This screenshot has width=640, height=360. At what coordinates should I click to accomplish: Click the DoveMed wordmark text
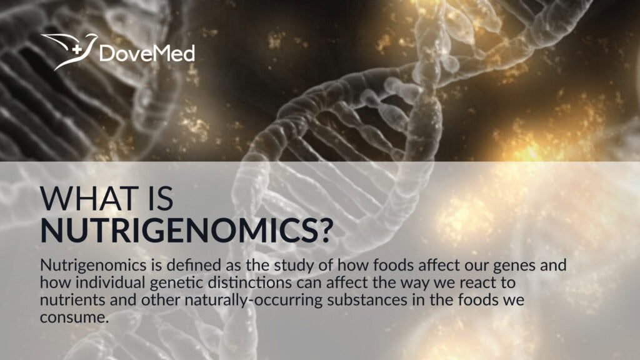pyautogui.click(x=147, y=54)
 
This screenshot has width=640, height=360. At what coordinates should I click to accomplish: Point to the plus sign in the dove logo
pyautogui.click(x=76, y=51)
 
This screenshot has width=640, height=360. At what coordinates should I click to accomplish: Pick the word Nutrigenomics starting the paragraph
pyautogui.click(x=93, y=266)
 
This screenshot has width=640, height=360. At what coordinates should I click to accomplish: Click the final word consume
pyautogui.click(x=74, y=317)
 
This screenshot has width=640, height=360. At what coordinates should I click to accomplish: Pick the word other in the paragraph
pyautogui.click(x=161, y=300)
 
